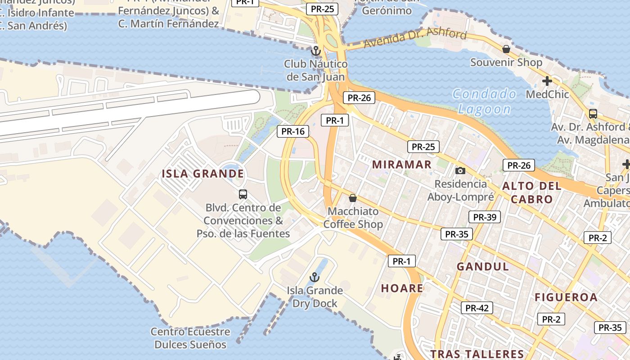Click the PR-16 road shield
point(293,131)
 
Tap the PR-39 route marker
point(485,217)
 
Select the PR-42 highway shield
point(477,308)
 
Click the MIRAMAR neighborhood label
point(402,164)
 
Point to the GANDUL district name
point(483,266)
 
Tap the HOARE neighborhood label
point(402,288)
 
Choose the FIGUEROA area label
point(566,297)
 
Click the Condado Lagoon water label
point(484,102)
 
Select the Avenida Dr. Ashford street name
point(415,38)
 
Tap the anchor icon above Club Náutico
point(316,50)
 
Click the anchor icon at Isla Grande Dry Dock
point(315,277)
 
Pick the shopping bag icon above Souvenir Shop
point(506,49)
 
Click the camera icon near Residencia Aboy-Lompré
point(460,171)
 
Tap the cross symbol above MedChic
point(547,81)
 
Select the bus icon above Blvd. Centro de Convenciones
point(243,194)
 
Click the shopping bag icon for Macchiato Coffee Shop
point(353,198)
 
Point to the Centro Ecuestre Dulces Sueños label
point(190,338)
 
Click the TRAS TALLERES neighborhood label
point(477,354)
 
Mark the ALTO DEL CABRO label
point(532,193)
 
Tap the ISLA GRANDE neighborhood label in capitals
point(203,174)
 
